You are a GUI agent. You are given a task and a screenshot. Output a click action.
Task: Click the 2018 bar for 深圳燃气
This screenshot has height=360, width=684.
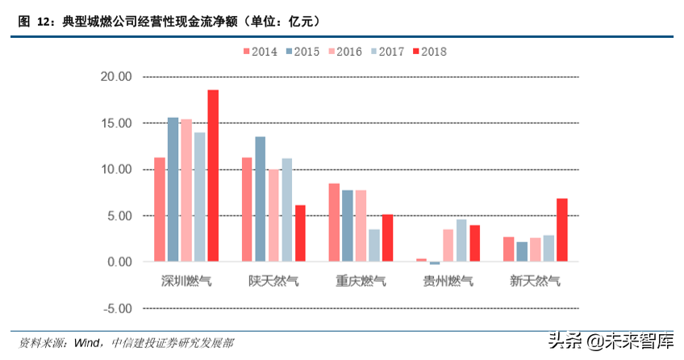click(213, 176)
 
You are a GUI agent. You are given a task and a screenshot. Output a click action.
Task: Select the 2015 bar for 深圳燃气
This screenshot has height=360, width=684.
click(173, 190)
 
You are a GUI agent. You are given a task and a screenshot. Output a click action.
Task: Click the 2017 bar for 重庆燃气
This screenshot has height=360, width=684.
click(374, 245)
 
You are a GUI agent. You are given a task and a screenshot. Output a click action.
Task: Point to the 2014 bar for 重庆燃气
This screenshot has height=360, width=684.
click(334, 223)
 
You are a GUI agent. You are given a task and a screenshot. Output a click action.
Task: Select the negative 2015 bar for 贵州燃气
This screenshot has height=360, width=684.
click(435, 263)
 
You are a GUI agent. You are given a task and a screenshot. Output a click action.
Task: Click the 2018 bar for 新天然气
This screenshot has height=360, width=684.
click(562, 230)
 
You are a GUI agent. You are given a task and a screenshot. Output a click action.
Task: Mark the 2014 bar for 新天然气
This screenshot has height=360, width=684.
click(509, 249)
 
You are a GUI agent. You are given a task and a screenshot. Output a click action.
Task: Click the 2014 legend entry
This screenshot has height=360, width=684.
click(261, 51)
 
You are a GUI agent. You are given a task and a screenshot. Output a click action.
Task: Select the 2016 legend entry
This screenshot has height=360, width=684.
click(344, 51)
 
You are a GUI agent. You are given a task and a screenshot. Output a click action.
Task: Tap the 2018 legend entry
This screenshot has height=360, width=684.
click(428, 51)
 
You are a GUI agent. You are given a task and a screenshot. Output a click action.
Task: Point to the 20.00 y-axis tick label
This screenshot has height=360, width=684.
click(115, 77)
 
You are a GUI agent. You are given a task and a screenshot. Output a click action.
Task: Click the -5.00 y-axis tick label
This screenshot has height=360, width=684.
click(115, 308)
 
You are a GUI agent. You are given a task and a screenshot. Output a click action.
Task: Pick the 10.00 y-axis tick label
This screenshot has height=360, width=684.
click(115, 170)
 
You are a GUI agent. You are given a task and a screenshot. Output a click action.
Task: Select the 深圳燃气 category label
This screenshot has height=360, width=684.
click(186, 281)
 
